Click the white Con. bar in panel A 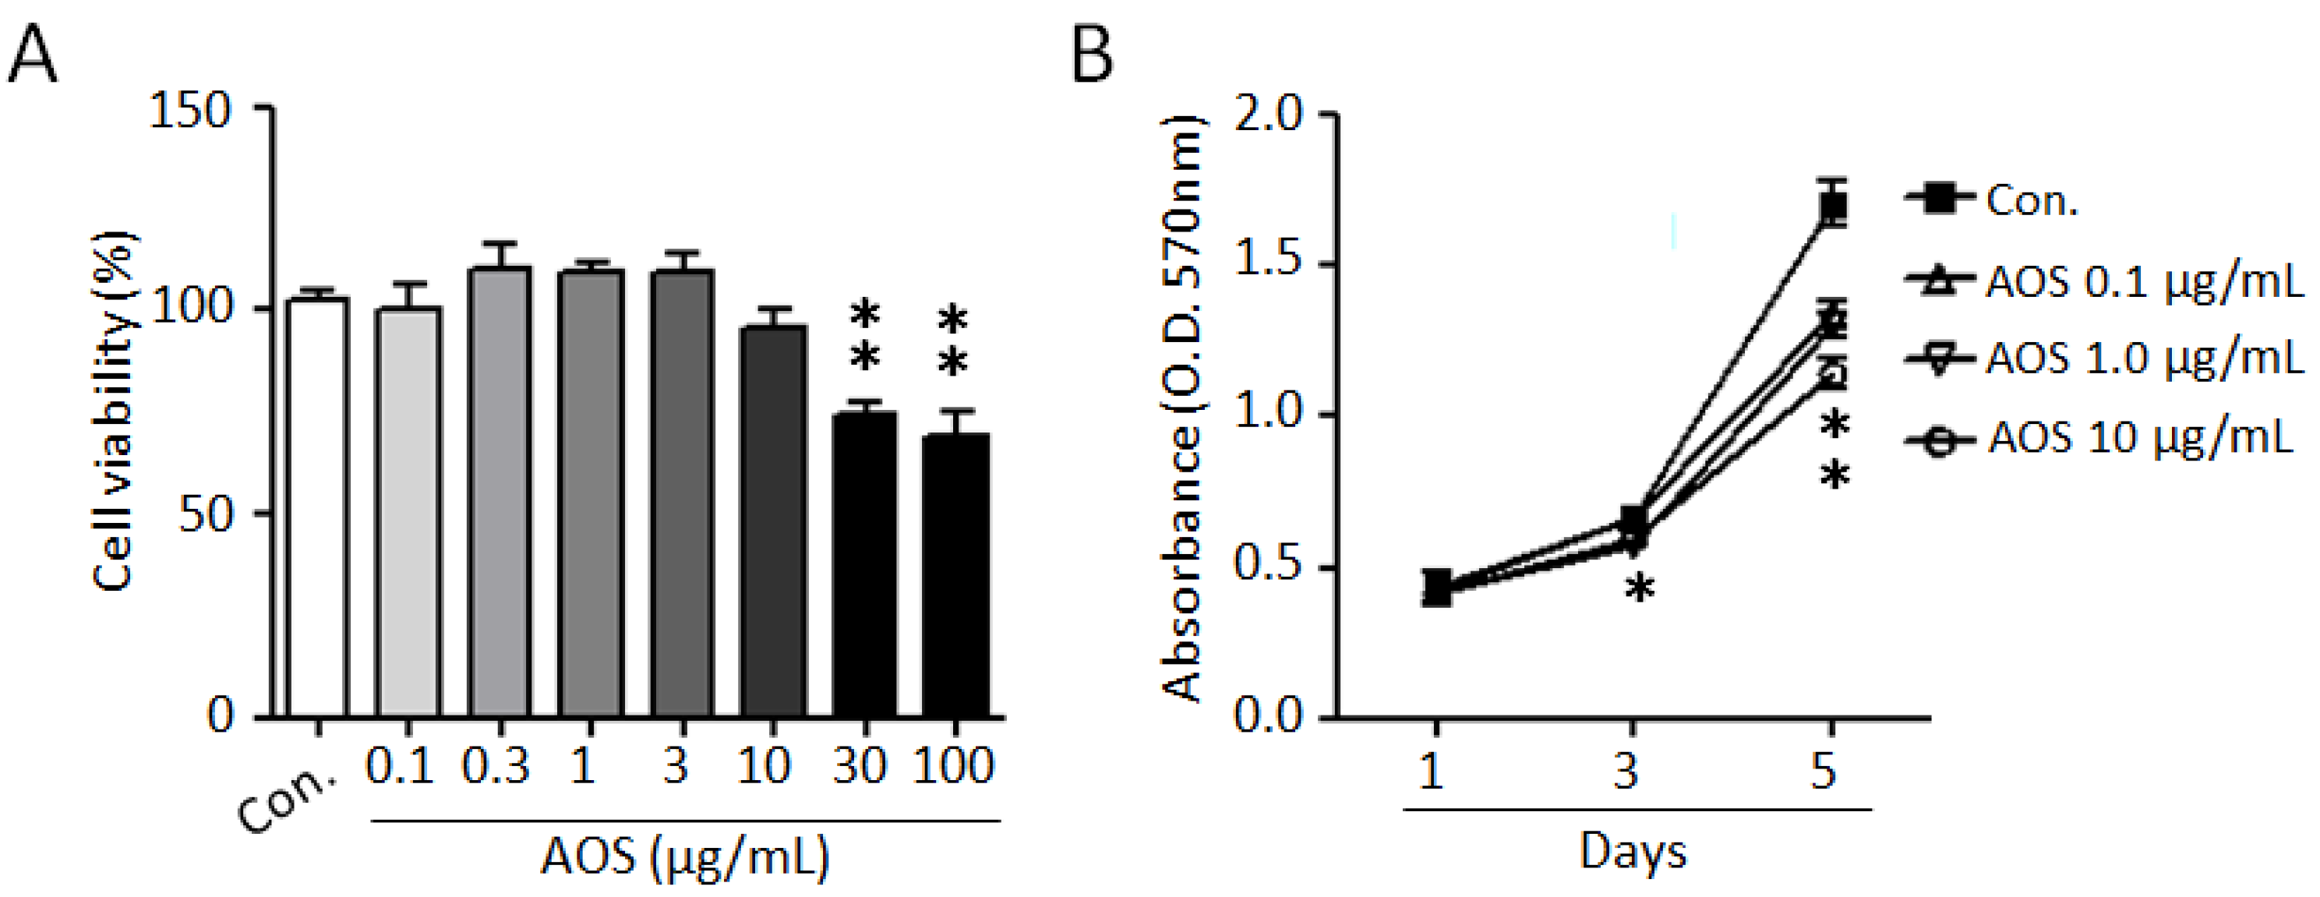click(x=317, y=509)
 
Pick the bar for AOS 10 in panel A click(x=773, y=522)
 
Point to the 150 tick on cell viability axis click(x=190, y=111)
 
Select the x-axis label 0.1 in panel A click(x=398, y=766)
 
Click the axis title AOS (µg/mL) click(x=684, y=856)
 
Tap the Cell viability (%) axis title click(x=115, y=411)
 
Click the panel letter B click(x=1093, y=54)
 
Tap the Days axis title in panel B click(x=1633, y=851)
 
